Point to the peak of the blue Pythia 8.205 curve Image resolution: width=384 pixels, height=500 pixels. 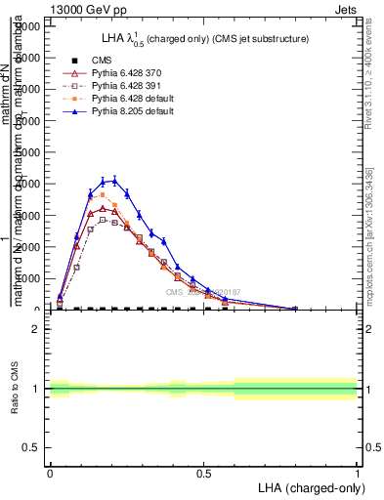coord(114,180)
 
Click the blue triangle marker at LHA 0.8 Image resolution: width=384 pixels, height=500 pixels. coord(296,309)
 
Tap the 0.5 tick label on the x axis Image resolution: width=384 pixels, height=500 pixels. coord(203,473)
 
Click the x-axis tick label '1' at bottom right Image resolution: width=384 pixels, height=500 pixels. coord(357,473)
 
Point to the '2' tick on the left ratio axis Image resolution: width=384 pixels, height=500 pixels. coord(38,330)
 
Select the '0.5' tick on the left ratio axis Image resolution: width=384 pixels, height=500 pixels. coord(33,447)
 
